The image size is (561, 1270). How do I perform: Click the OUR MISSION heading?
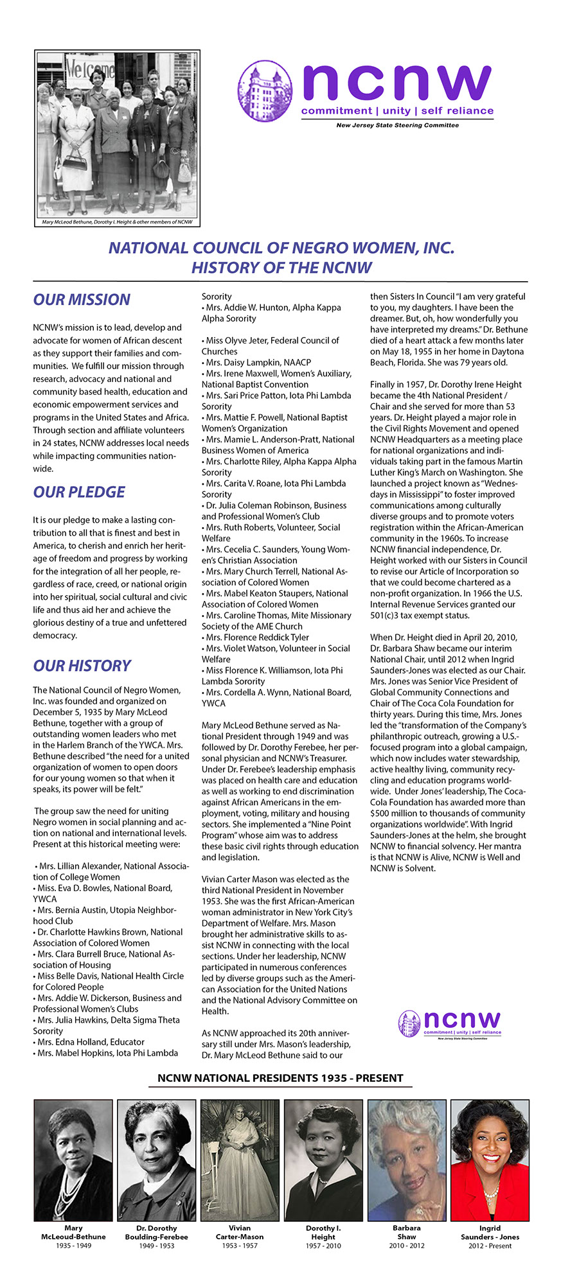coord(82,300)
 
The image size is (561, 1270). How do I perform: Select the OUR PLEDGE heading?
coord(79,492)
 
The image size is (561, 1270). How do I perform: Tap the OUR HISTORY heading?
coord(82,666)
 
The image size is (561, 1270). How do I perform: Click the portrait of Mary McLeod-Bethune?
coord(73,1160)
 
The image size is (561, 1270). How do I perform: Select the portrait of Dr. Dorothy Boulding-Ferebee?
coord(157,1160)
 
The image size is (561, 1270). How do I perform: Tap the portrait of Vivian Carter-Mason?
coord(240,1160)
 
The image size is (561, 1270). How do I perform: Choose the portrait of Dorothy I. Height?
coord(323,1160)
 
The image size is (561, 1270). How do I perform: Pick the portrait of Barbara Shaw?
coord(407,1160)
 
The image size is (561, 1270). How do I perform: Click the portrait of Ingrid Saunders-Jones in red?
coord(490,1160)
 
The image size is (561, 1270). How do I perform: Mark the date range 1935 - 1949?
coord(73,1246)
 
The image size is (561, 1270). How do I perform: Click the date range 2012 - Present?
coord(490,1246)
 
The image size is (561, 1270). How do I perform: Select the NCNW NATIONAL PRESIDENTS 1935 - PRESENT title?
coord(280,1078)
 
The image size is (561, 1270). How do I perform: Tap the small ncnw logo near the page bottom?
coord(450,1023)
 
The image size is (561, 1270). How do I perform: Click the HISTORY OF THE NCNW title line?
coord(281,268)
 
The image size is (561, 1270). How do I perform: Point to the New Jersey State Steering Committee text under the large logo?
coord(397,125)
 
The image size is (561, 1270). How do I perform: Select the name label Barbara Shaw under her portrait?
coord(407,1232)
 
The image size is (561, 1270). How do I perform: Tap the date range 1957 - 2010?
coord(323,1246)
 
